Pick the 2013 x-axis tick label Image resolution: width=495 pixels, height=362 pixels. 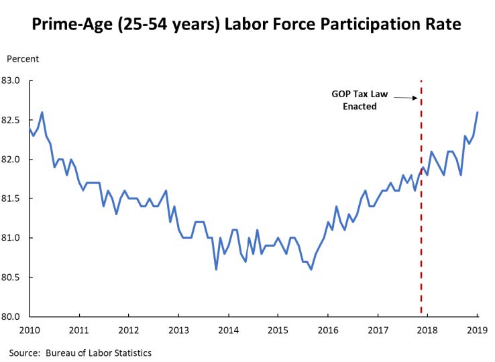click(x=178, y=330)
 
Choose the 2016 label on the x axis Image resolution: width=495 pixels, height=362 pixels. click(x=327, y=330)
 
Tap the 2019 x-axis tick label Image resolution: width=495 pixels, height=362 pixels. click(x=476, y=330)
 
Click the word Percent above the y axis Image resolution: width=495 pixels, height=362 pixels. click(x=23, y=59)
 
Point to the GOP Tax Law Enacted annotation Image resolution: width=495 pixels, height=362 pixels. click(x=359, y=100)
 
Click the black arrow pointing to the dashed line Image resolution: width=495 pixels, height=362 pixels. click(x=406, y=98)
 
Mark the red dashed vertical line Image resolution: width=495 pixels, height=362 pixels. click(x=421, y=201)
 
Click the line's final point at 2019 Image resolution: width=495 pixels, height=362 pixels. click(x=477, y=113)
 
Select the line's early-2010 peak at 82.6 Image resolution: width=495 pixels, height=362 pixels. click(x=42, y=113)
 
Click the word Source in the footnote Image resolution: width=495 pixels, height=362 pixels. click(x=23, y=353)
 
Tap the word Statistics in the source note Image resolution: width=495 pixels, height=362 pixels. click(x=130, y=353)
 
